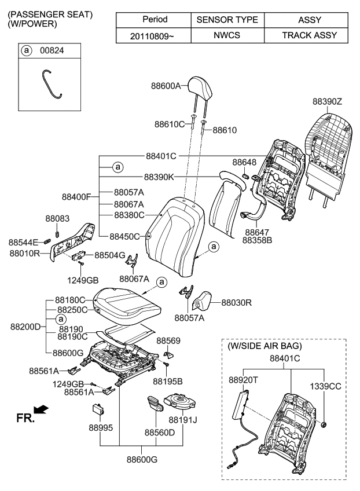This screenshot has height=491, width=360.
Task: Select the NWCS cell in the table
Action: (227, 35)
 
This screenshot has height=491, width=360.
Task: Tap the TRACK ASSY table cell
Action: (300, 35)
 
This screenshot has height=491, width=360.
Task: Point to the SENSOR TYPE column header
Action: (227, 20)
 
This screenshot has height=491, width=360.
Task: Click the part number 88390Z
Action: (328, 101)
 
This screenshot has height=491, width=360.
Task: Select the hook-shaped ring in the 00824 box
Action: (51, 83)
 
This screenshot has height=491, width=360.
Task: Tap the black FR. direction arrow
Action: (42, 411)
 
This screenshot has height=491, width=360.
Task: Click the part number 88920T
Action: (244, 380)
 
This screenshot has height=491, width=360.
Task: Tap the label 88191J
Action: (183, 419)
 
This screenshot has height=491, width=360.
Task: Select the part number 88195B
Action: (168, 381)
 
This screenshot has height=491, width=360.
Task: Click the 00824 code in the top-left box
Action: (52, 51)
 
